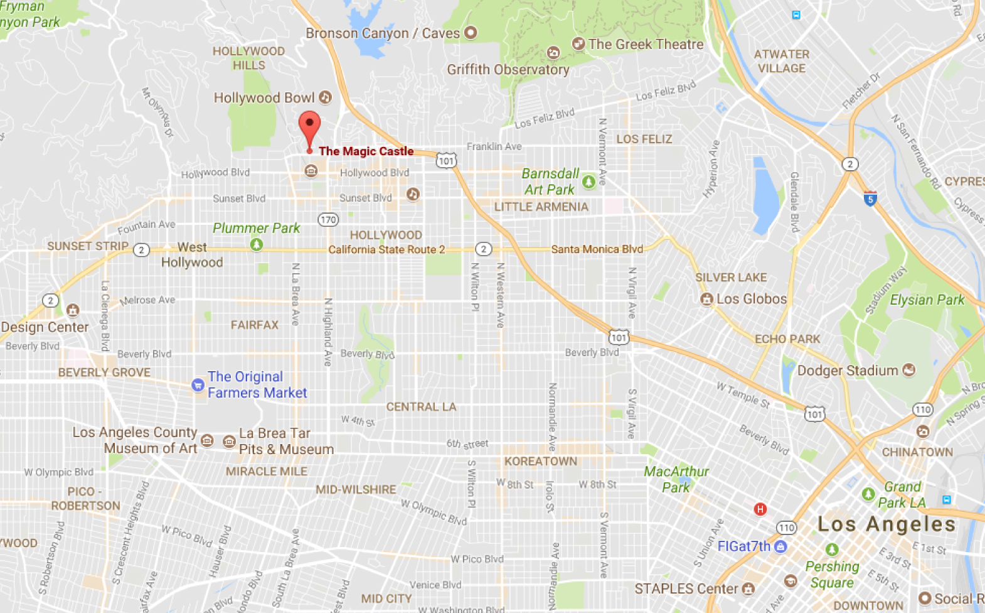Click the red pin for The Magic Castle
pos(309,126)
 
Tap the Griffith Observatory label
pos(508,70)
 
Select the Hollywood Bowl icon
pos(325,97)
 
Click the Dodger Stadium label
pos(847,371)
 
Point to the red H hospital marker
pos(760,509)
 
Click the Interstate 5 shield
pos(870,198)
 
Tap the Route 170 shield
pos(328,219)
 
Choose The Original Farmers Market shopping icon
pos(198,385)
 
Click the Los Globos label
pos(751,299)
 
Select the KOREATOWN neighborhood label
pos(541,461)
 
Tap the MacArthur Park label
pos(676,479)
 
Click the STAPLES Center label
pos(686,589)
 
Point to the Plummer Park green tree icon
pos(256,244)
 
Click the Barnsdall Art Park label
pos(550,182)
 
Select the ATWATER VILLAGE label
pos(781,61)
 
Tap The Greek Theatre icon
pos(578,44)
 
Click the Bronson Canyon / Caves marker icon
pos(471,33)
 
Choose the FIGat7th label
pos(743,546)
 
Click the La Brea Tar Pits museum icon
pos(230,441)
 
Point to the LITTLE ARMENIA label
pos(541,207)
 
